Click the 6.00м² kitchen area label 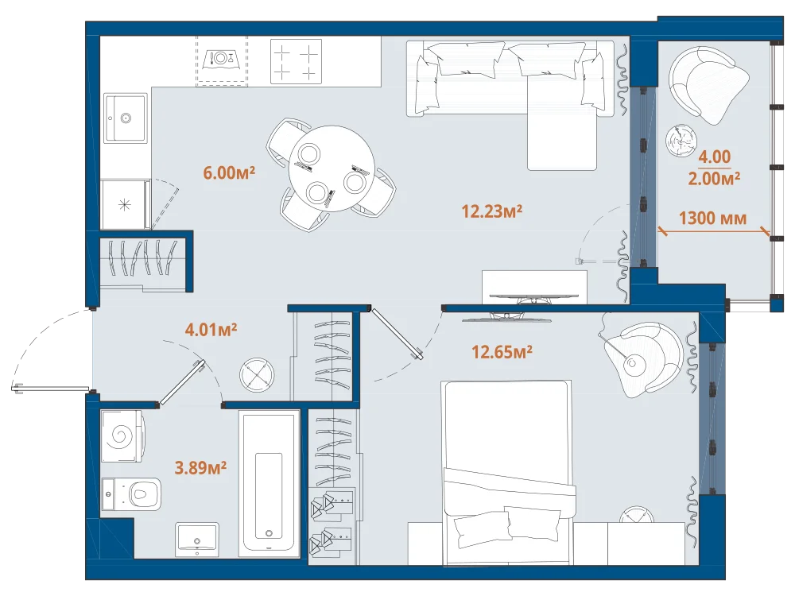tap(229, 172)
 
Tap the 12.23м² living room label tap(492, 211)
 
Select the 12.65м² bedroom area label tap(502, 351)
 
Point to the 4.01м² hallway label tap(211, 330)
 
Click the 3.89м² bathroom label tap(200, 467)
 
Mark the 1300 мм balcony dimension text tap(712, 219)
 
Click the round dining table tap(331, 168)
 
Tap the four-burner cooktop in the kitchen tap(296, 61)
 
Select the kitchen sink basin tap(126, 118)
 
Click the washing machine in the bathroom tap(122, 436)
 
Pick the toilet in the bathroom tap(131, 493)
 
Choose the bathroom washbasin tap(197, 540)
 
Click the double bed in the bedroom tap(508, 472)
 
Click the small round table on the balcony tap(681, 140)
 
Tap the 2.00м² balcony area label tap(714, 178)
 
